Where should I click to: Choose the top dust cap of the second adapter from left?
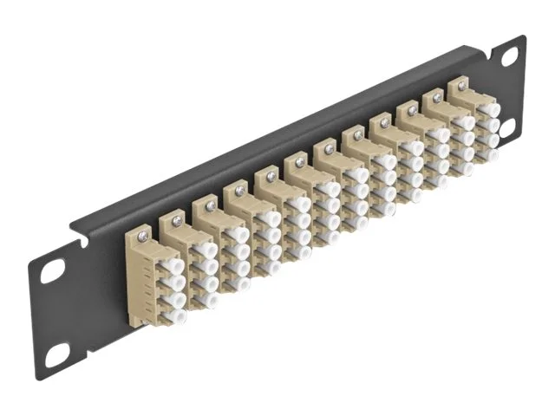206,250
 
